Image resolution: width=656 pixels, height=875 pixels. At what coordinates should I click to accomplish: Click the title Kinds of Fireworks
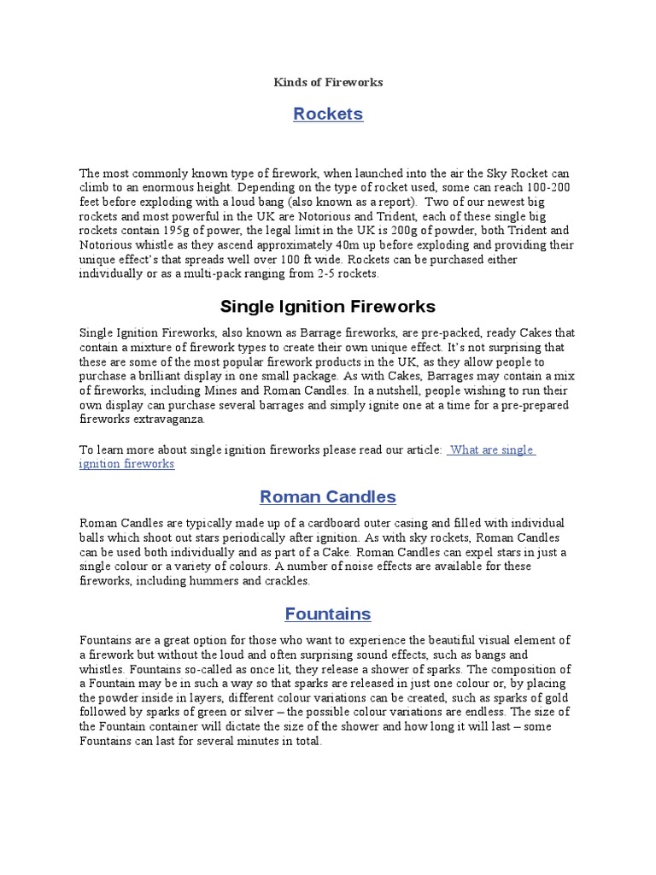(328, 82)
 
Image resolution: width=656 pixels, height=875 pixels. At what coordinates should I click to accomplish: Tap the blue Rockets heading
(328, 114)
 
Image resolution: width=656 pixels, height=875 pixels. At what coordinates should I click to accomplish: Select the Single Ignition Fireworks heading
(328, 306)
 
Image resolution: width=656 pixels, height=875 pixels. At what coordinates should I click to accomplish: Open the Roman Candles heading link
(328, 496)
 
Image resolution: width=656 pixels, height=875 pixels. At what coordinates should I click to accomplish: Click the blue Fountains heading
(328, 614)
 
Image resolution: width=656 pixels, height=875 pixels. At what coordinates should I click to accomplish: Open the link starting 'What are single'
(490, 449)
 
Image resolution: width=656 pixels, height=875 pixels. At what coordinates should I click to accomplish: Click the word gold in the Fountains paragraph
(559, 698)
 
